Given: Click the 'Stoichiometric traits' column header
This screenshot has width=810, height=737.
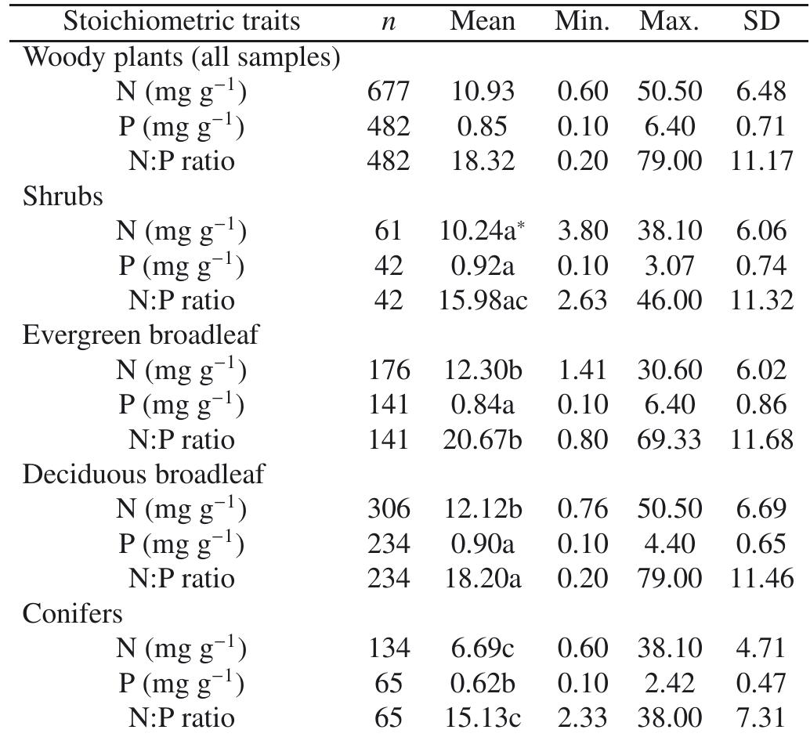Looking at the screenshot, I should [x=181, y=21].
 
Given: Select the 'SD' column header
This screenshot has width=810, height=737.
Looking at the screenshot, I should [x=761, y=21].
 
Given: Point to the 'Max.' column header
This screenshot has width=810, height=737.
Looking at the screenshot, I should [x=668, y=21].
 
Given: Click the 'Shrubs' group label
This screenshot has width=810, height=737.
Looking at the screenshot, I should [x=63, y=196].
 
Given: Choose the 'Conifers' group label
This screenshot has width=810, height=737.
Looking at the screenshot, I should [x=73, y=613].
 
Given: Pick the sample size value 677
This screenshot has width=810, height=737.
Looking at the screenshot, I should [x=389, y=92].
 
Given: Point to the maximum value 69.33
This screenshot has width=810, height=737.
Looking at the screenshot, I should [x=668, y=439].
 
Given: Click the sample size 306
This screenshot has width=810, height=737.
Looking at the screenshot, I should [x=389, y=509].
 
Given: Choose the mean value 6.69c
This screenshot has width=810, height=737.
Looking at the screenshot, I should [x=483, y=648].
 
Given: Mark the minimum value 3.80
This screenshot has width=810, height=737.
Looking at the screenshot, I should [x=582, y=231].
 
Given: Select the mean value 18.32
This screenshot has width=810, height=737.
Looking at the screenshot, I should [x=483, y=161].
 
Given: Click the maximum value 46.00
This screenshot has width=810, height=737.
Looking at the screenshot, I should [x=668, y=300].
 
